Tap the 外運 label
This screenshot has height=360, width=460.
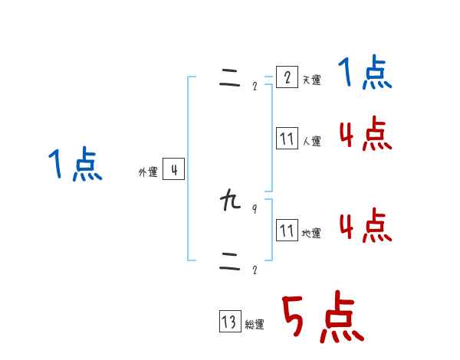click(x=148, y=173)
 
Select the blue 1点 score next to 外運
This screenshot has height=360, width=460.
click(x=75, y=165)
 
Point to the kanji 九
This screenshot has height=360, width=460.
click(x=229, y=202)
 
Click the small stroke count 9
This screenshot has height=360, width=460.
click(x=255, y=209)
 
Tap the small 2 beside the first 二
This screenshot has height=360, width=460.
click(x=255, y=86)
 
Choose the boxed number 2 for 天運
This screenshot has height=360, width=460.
click(x=287, y=77)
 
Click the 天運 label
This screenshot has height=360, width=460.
click(x=311, y=80)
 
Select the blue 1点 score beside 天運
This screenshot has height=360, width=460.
click(x=365, y=74)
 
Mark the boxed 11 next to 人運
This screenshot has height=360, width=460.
click(x=287, y=139)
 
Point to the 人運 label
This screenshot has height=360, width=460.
click(x=311, y=142)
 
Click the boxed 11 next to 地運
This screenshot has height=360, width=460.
click(x=287, y=230)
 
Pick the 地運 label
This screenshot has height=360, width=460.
click(x=311, y=233)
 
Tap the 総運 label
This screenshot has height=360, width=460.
click(x=255, y=325)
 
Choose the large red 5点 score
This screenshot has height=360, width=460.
click(x=322, y=318)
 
